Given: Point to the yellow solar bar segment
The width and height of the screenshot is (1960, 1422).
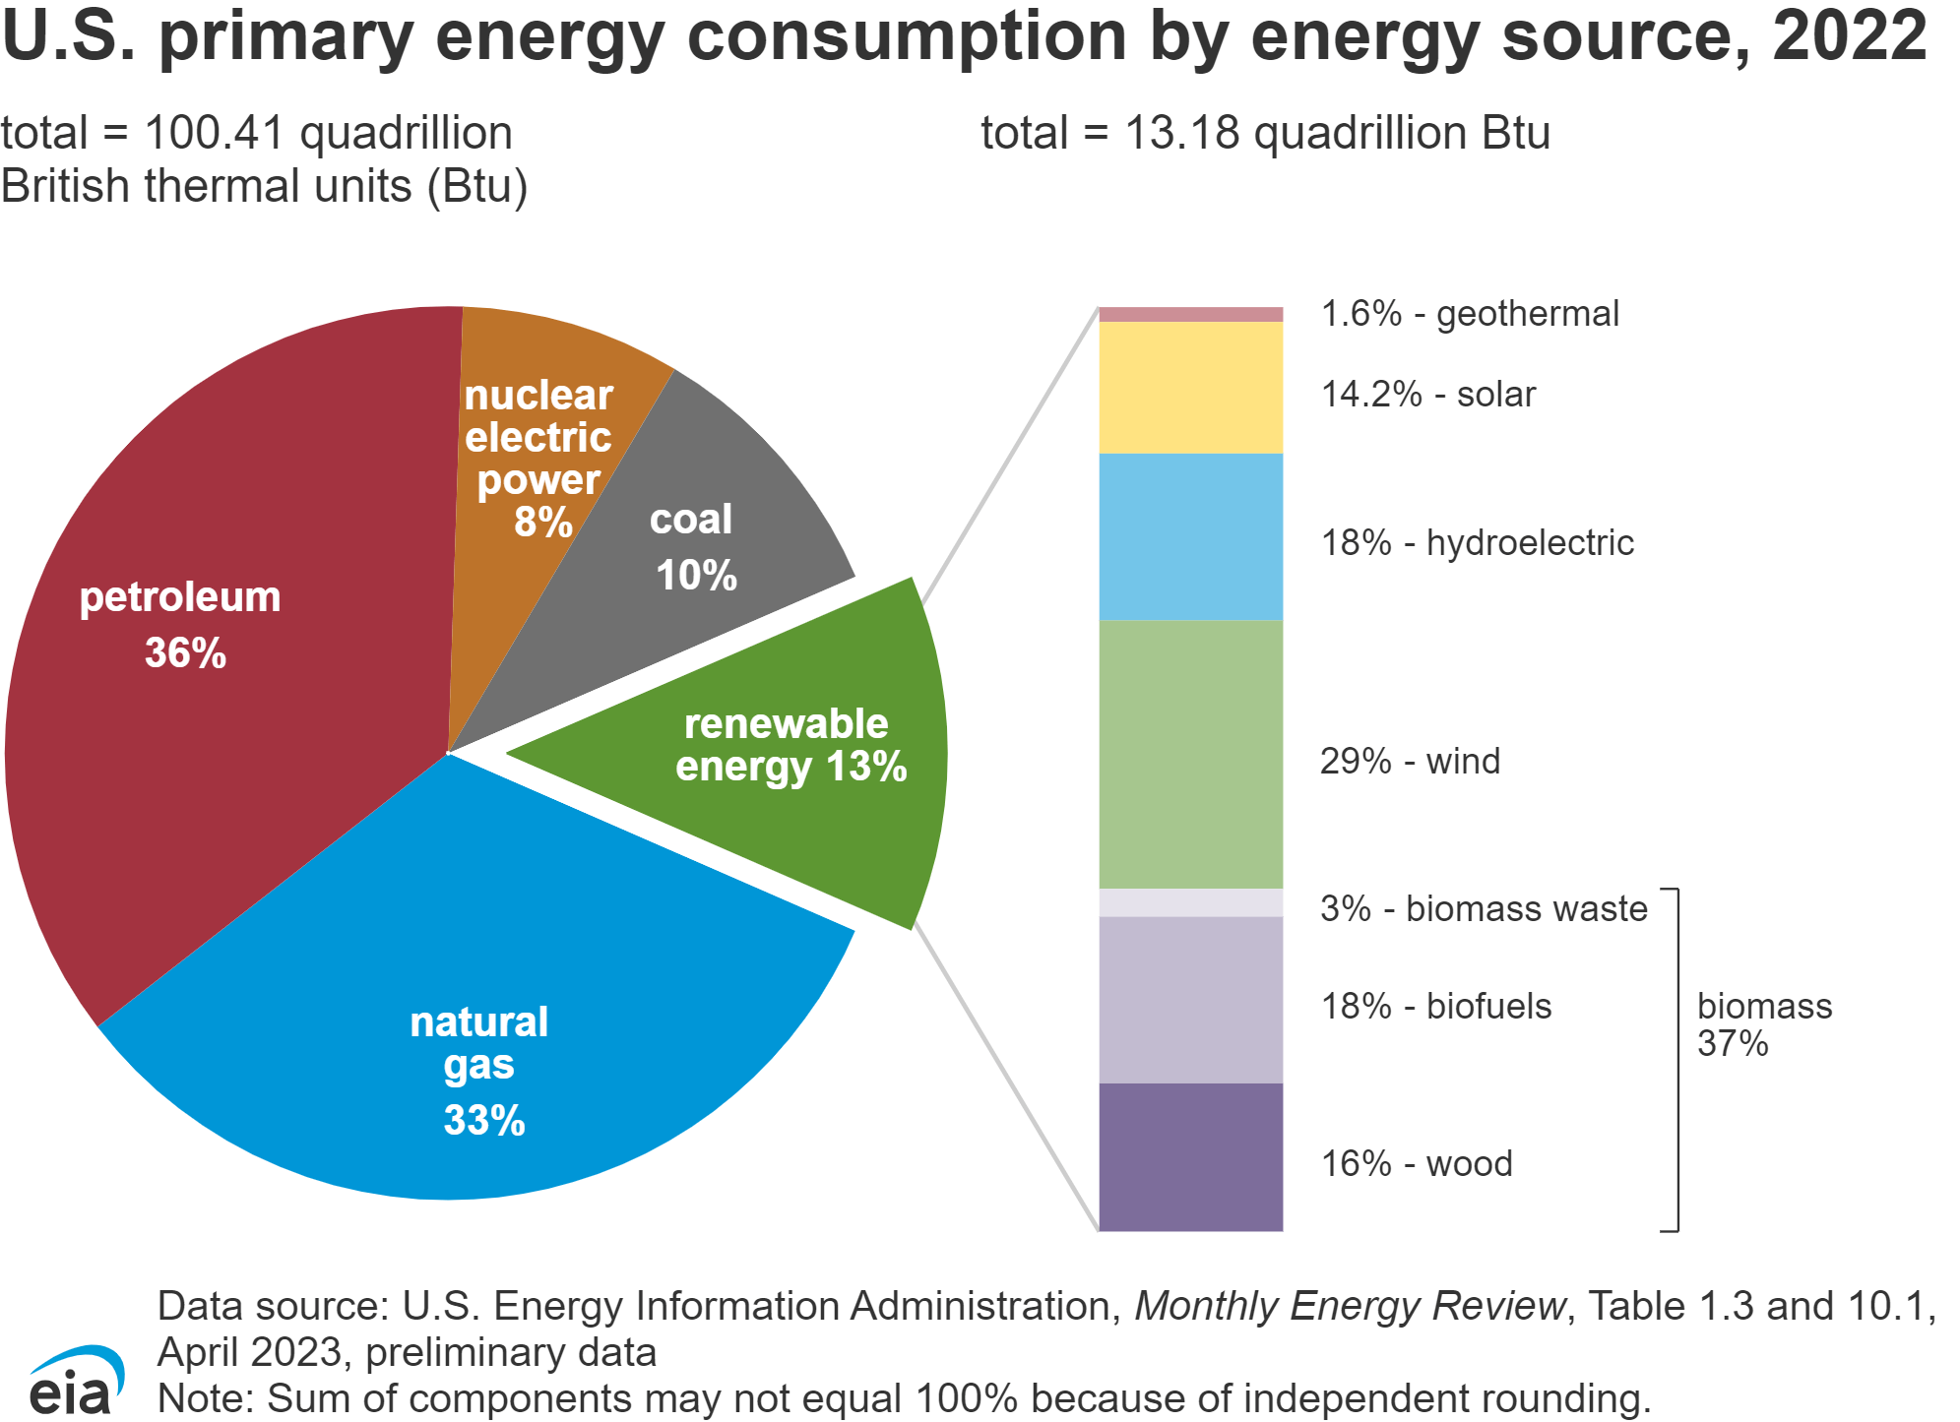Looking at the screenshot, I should pyautogui.click(x=1190, y=388).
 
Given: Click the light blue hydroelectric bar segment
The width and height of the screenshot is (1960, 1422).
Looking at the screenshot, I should pyautogui.click(x=1190, y=536).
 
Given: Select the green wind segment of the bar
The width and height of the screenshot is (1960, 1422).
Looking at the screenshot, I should pyautogui.click(x=1190, y=754).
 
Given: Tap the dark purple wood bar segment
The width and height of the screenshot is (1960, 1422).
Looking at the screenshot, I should pyautogui.click(x=1190, y=1157).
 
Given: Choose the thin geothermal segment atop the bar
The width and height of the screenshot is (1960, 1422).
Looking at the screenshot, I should pyautogui.click(x=1190, y=315).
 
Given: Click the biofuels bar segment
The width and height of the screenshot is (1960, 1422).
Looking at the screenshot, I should pyautogui.click(x=1190, y=1000).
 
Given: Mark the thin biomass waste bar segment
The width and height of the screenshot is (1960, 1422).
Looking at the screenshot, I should pyautogui.click(x=1190, y=903).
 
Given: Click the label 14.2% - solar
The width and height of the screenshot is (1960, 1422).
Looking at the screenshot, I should pyautogui.click(x=1427, y=395).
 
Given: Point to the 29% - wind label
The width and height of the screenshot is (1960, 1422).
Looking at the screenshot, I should pyautogui.click(x=1410, y=762).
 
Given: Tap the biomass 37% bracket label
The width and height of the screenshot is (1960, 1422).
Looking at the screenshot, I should pyautogui.click(x=1763, y=1024).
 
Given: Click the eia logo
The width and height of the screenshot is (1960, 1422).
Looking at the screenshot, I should pyautogui.click(x=75, y=1383).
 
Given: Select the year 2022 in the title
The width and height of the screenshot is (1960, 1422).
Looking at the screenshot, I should pyautogui.click(x=1849, y=37).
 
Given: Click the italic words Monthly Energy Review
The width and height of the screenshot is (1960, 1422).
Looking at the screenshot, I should pyautogui.click(x=1350, y=1307).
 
